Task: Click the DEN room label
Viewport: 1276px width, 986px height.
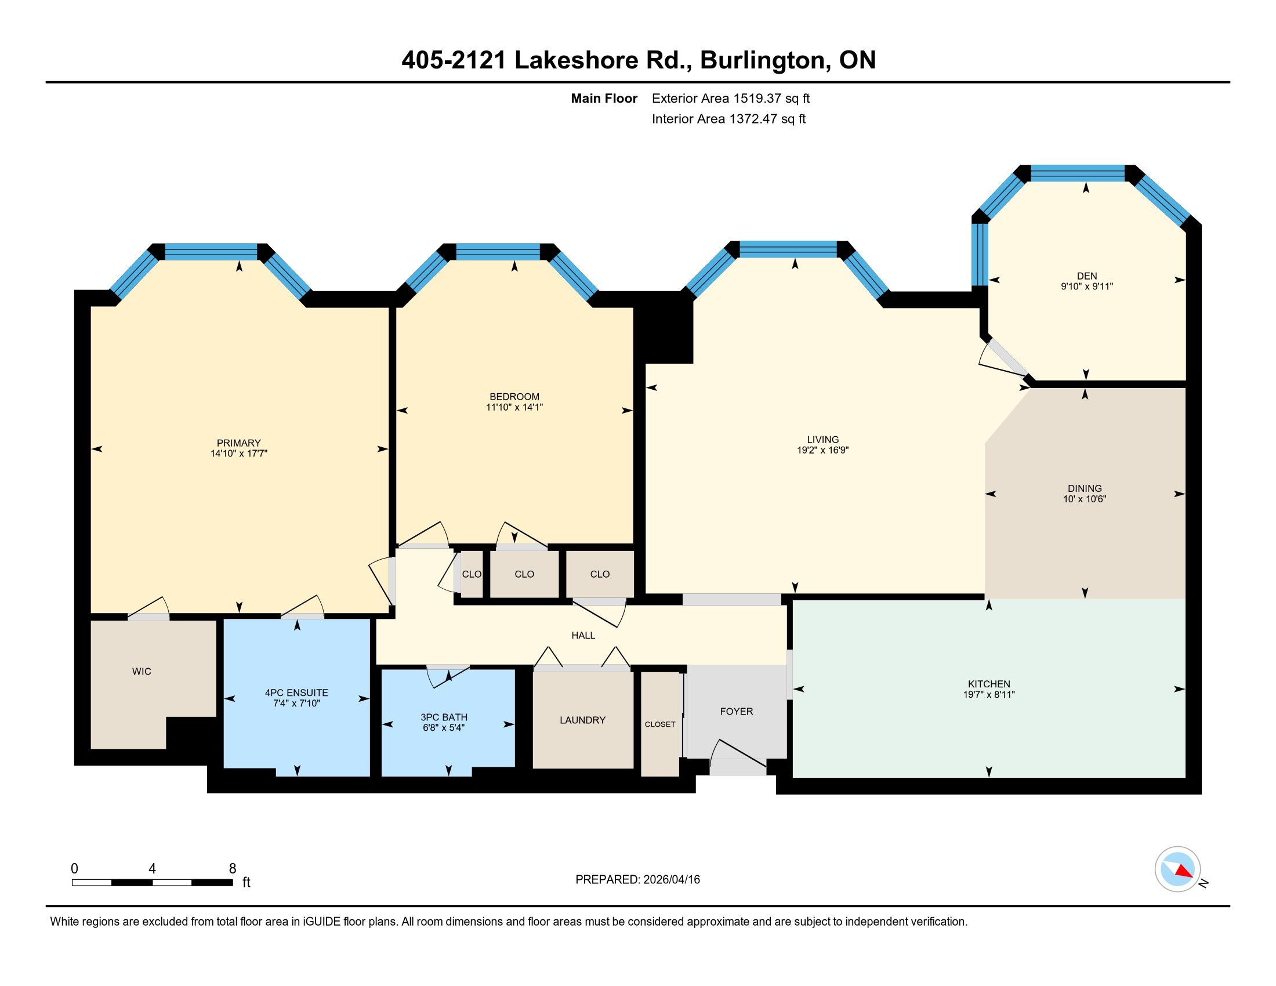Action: tap(1087, 276)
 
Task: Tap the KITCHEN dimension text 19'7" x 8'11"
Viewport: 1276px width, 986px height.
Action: tap(988, 694)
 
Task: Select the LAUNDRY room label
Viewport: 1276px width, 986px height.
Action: tap(582, 720)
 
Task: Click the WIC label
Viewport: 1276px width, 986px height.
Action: tap(142, 672)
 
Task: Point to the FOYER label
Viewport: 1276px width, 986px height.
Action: tap(736, 712)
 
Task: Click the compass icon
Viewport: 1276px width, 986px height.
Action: tap(1178, 869)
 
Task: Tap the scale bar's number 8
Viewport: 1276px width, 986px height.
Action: tap(233, 869)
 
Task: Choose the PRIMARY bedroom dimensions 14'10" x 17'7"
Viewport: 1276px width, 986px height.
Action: tap(239, 454)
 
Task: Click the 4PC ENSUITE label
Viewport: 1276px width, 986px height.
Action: tap(297, 693)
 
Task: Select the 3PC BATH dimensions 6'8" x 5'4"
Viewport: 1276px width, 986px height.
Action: tap(444, 728)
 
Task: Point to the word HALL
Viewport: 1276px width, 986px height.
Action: tap(583, 636)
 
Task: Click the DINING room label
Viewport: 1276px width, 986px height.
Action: tap(1085, 488)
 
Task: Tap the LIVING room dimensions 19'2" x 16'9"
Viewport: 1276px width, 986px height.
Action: tap(822, 450)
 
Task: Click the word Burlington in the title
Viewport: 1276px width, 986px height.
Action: tap(762, 60)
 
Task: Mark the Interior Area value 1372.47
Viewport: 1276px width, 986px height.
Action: tap(753, 119)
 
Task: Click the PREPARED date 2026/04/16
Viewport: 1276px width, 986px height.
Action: tap(670, 880)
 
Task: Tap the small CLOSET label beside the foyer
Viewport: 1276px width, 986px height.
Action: tap(660, 724)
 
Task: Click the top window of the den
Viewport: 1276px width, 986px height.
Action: tap(1078, 173)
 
